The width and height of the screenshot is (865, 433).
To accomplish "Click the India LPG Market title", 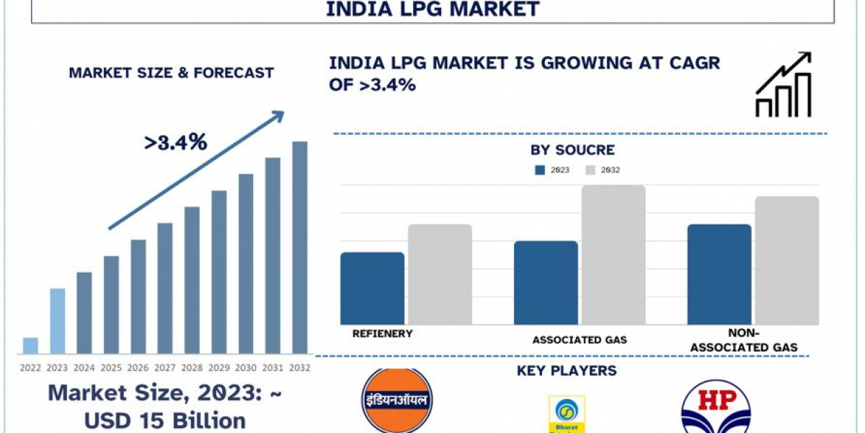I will pos(432,9).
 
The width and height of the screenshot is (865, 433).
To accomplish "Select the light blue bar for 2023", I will pos(57,321).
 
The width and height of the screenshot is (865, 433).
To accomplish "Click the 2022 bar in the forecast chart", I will pos(30,346).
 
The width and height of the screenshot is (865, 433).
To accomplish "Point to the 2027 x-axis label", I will pos(165,368).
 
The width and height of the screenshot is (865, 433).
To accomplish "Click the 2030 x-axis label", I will pos(246,368).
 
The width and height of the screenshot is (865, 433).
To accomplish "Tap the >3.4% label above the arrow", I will pos(176,142).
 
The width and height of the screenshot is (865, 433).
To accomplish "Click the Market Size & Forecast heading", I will pos(171,73).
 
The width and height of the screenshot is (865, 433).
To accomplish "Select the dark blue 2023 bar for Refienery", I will pos(372,288).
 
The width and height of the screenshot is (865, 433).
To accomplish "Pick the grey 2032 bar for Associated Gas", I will pos(613,255).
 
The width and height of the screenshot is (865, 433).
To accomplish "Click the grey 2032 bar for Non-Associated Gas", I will pos(786,261).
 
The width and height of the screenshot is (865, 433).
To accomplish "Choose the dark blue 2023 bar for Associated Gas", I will pos(546,282).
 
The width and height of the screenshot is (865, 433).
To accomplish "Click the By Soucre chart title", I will pos(572,150).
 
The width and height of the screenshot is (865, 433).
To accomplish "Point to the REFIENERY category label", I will pos(383,333).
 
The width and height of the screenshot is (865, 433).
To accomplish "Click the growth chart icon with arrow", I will pos(784,84).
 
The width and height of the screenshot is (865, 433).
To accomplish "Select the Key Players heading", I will pos(567,371).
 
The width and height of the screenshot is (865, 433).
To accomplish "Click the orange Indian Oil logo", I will pos(396,401).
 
